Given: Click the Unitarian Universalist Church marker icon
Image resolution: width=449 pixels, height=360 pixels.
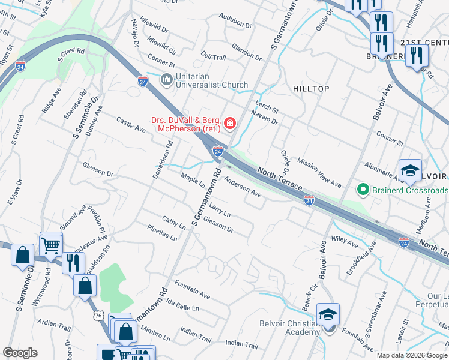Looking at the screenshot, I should [166, 79].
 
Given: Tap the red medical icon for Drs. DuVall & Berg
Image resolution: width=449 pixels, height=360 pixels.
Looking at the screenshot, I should [229, 124].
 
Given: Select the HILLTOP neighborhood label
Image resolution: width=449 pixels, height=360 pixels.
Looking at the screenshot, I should [311, 89].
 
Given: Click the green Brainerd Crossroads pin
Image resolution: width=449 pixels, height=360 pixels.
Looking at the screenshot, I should [363, 190].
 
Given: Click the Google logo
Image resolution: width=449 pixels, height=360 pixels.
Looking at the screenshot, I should [20, 353].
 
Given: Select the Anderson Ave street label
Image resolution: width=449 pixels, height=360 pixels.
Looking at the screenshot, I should [243, 187].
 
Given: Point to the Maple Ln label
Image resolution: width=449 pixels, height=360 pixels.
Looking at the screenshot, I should [193, 181].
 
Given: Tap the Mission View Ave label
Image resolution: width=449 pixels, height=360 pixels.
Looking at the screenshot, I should [319, 173].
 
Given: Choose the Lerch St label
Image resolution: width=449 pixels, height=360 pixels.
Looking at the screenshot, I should [267, 106].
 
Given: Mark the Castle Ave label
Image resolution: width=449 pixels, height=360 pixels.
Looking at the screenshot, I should [131, 125].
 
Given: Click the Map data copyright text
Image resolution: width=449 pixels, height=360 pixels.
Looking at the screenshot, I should [412, 355].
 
